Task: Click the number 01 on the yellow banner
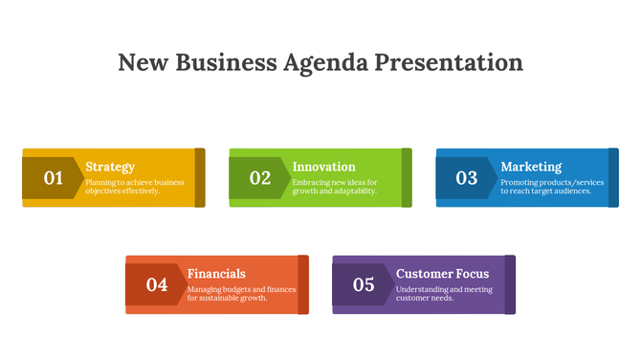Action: tap(53, 177)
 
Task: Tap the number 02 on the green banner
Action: tap(260, 177)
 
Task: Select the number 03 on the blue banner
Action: tap(466, 177)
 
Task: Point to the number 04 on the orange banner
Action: tap(157, 284)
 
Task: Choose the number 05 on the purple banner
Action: tap(364, 284)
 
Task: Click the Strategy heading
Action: tap(110, 167)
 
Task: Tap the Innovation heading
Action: tap(323, 167)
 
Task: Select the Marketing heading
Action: tap(531, 167)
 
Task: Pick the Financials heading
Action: tap(216, 274)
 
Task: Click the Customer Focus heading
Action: tap(442, 274)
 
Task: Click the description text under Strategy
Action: tap(134, 186)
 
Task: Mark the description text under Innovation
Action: tap(335, 186)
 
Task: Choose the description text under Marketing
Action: tap(552, 186)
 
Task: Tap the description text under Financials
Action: tap(241, 293)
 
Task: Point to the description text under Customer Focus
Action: tap(444, 293)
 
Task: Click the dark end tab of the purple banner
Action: tap(510, 284)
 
